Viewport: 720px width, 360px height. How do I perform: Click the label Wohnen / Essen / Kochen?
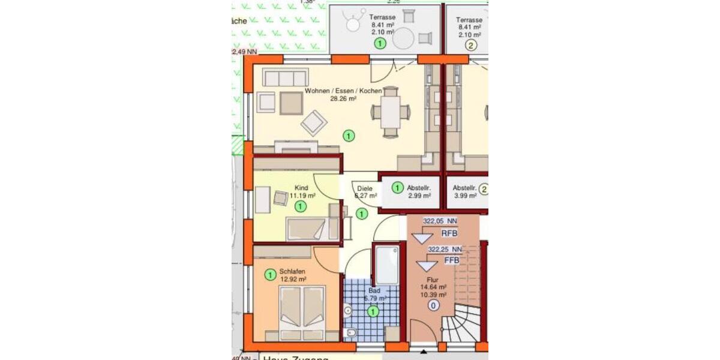coord(343,91)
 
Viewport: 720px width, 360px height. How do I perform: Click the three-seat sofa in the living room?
coord(285,78)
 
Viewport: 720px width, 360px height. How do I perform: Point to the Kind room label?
coord(301,188)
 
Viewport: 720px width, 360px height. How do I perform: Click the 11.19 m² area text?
coord(302,196)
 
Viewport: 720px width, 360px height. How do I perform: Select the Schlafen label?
coord(292,272)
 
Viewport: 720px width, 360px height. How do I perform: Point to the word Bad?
coord(374,290)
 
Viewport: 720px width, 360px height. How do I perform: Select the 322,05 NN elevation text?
coord(440,221)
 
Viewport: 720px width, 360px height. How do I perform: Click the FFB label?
coord(452,261)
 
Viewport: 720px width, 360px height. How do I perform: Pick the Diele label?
coord(365,188)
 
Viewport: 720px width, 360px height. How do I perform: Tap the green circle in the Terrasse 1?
coord(380,43)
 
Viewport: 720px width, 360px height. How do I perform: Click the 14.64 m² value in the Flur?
coord(434,287)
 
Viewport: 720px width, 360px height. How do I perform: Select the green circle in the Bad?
coord(373,311)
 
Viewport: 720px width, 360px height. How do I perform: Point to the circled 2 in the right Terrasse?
coord(471,44)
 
